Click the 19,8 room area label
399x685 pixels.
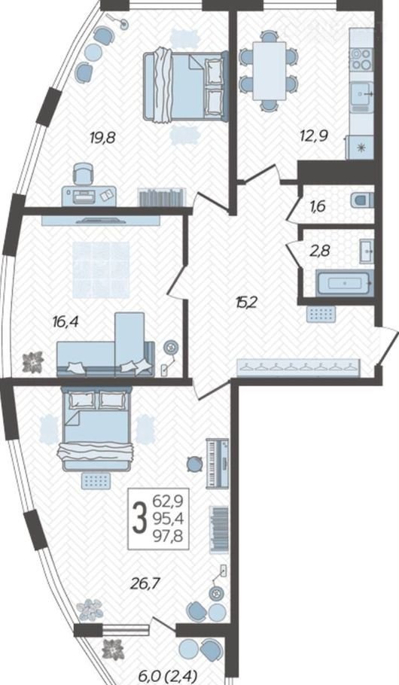coord(102,139)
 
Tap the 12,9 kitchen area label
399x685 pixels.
coord(314,135)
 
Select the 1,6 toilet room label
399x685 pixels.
coord(318,206)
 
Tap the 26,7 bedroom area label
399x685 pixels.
coord(144,583)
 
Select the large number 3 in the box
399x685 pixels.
coord(139,519)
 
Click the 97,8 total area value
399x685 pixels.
coord(168,536)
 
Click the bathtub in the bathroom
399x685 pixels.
coord(345,282)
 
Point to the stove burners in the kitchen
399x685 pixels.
coord(361,59)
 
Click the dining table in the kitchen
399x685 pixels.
coord(270,71)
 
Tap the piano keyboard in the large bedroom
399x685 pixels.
coord(218,464)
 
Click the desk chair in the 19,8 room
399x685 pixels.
coord(83,174)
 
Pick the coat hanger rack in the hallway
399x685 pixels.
coord(298,367)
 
